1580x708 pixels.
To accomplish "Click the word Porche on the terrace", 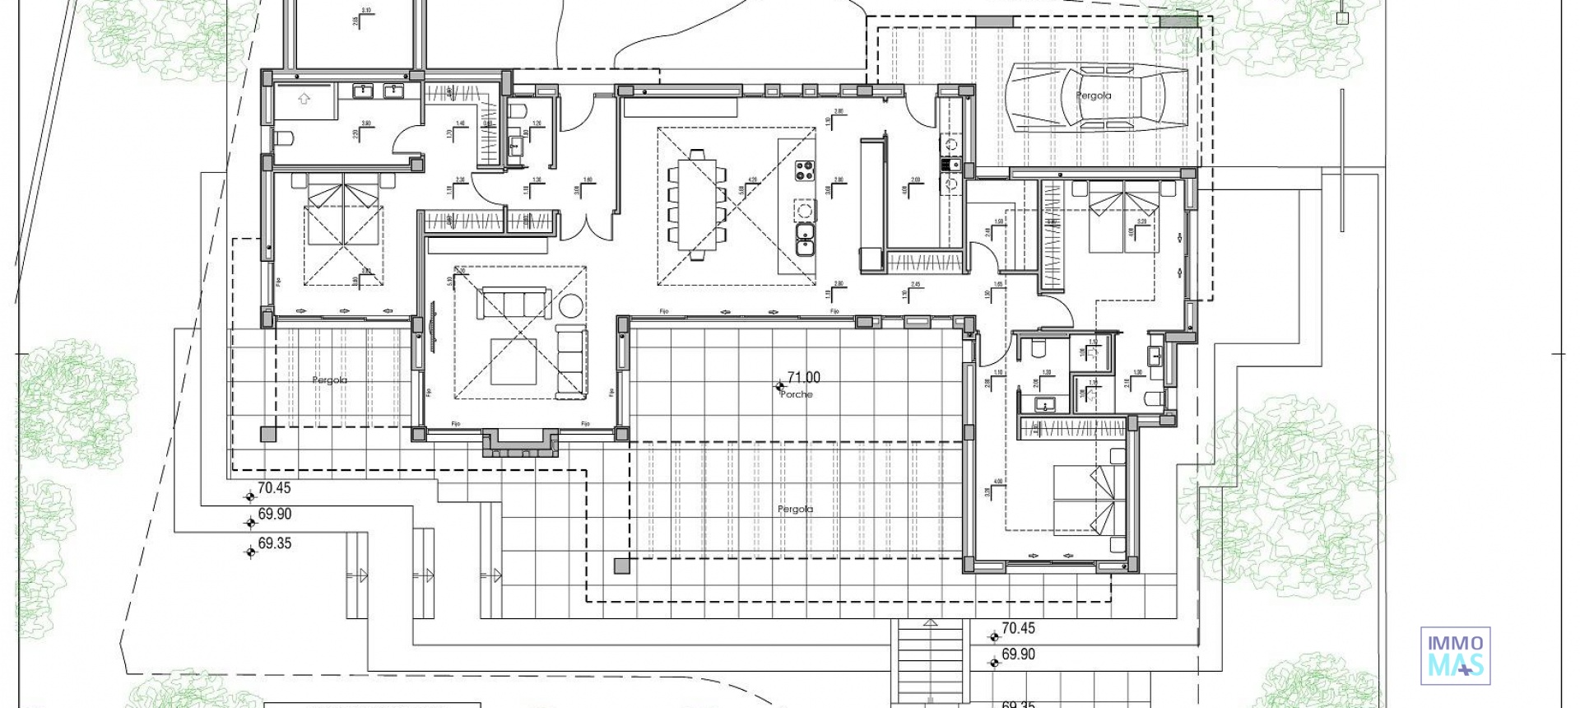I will [x=796, y=394].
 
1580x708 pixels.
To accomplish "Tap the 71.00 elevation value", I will [x=803, y=378].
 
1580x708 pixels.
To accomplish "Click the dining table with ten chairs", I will [x=697, y=203].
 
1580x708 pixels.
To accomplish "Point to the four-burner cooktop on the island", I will [x=804, y=172].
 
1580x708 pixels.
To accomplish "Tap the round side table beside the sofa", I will [x=569, y=305].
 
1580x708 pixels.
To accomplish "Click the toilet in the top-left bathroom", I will [x=281, y=138].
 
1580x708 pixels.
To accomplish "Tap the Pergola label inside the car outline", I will [x=1093, y=96].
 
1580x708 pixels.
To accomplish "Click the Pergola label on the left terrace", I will [x=329, y=380].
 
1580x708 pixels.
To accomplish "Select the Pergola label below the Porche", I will [x=795, y=510].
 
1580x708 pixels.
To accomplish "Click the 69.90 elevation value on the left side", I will [x=275, y=515].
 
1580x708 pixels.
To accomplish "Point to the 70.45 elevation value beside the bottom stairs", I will [x=1018, y=628].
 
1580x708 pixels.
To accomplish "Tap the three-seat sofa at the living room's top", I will [x=514, y=302].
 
